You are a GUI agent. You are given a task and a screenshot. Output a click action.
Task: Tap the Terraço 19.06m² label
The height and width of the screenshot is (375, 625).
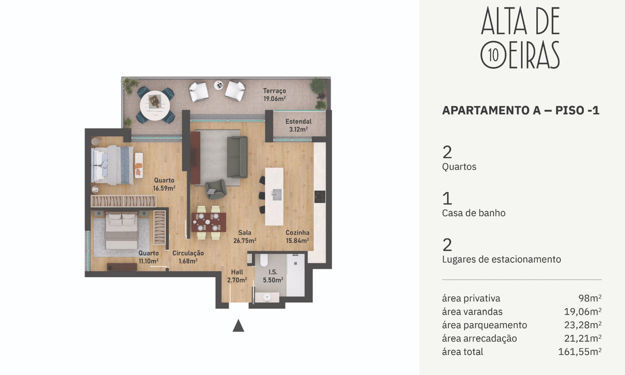[x=275, y=95]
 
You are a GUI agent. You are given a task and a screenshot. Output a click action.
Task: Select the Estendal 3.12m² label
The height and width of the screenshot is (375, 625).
[x=298, y=125]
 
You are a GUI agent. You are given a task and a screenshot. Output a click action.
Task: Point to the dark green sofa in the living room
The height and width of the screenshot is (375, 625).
[x=237, y=157]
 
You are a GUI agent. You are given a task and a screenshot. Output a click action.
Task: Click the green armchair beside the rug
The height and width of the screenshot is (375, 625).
[x=216, y=189]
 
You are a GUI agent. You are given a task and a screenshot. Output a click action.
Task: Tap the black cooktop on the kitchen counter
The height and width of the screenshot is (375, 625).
[x=320, y=197]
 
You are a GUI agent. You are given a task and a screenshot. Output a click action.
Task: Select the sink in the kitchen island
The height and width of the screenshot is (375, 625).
[x=277, y=194]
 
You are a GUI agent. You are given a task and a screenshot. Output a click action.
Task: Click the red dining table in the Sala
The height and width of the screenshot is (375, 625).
[x=209, y=222]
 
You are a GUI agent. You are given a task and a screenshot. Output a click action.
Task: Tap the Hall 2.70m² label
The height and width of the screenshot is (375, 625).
[x=237, y=276]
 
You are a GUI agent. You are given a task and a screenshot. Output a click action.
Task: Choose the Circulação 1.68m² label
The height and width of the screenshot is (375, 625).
[x=188, y=257]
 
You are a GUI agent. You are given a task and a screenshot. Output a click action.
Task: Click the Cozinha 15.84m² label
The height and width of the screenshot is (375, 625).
[x=297, y=237]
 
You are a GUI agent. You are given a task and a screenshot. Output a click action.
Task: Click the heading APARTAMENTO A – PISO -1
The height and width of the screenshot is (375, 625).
[x=521, y=110]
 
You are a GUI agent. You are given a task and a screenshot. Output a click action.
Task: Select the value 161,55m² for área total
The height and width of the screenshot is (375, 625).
[x=580, y=352]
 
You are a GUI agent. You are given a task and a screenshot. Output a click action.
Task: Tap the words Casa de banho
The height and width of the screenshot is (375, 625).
[x=474, y=213]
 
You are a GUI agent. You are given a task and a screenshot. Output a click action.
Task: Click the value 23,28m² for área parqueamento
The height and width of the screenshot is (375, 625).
[x=583, y=325]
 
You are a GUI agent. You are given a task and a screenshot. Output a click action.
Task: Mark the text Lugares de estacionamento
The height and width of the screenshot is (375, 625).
[x=502, y=259]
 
